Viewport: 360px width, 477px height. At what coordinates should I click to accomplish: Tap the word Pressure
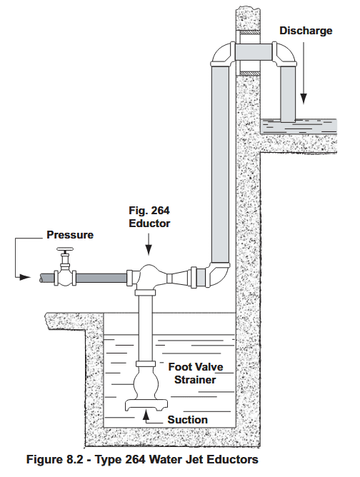point(70,234)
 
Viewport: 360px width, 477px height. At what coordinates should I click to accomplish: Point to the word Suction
point(187,420)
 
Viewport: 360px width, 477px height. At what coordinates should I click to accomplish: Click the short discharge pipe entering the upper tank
point(288,96)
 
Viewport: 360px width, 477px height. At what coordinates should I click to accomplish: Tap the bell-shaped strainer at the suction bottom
point(146,396)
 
